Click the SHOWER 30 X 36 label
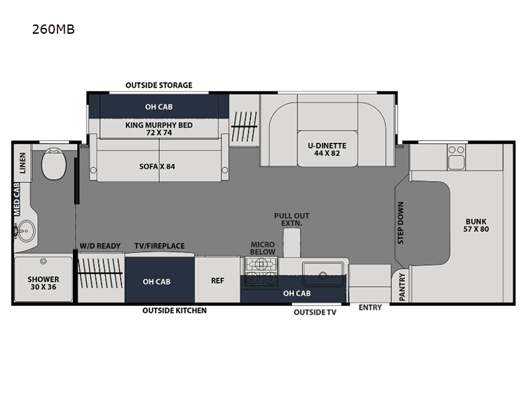[42, 283]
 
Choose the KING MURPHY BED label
[158, 128]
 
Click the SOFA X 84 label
[158, 165]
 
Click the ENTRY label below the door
[370, 308]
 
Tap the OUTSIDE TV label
[315, 312]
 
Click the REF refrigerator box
[217, 281]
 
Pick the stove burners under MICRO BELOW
[261, 271]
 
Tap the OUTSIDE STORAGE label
[159, 85]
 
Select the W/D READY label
[100, 246]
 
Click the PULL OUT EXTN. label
[292, 220]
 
